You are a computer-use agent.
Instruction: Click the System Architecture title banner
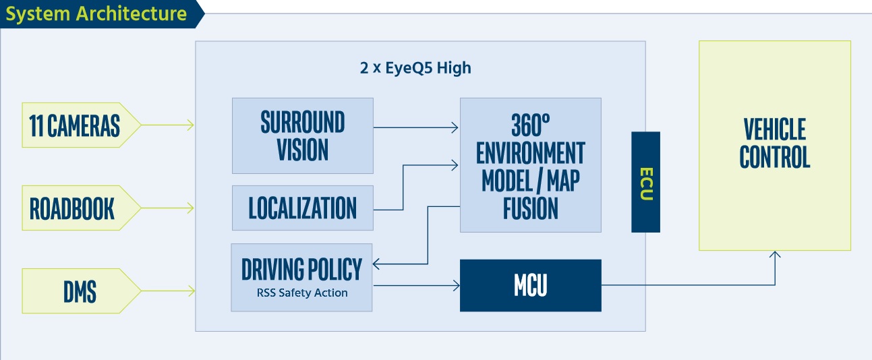click(96, 14)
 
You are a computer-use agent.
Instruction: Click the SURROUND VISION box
click(302, 136)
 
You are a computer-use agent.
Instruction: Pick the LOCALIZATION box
click(302, 208)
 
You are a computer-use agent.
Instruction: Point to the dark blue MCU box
click(530, 285)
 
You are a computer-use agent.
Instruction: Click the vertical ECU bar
click(645, 182)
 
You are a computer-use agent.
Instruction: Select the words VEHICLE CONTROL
click(774, 143)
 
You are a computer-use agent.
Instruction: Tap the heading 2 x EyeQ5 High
click(415, 68)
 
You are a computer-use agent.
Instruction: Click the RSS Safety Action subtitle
click(302, 293)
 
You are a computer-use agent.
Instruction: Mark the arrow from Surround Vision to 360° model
click(415, 127)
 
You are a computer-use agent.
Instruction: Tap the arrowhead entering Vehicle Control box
click(775, 255)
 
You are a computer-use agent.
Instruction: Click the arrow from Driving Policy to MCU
click(415, 286)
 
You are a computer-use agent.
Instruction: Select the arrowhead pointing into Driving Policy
click(378, 264)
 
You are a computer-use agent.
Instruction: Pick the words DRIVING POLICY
click(301, 270)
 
